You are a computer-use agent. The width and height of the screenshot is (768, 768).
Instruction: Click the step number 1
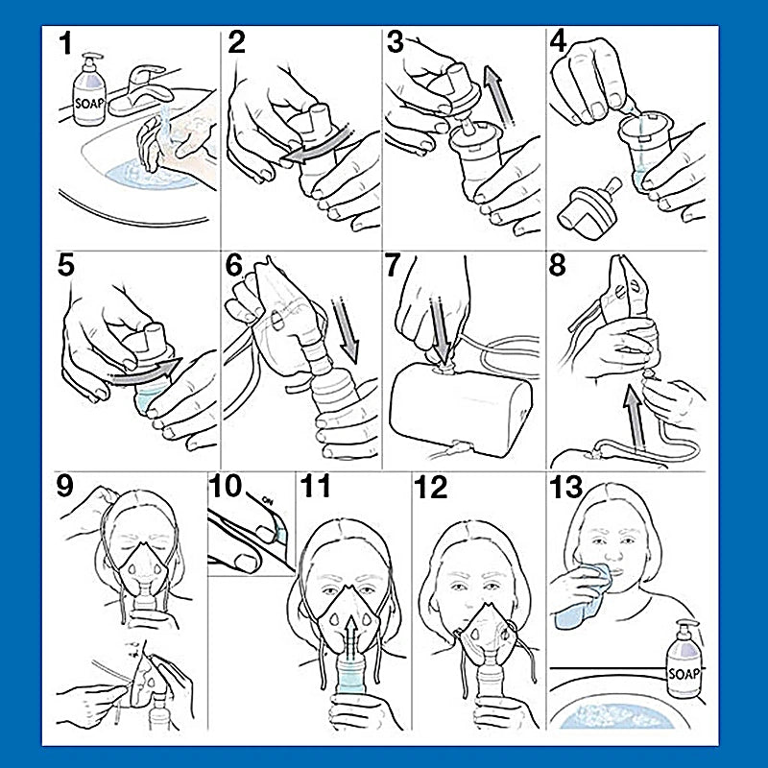(65, 43)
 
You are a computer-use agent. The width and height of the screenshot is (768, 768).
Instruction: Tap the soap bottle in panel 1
(89, 89)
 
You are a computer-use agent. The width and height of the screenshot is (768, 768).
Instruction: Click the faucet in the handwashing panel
(138, 92)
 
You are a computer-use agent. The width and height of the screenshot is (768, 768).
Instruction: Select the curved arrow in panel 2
(319, 145)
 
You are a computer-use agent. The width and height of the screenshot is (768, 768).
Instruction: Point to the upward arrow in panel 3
(498, 97)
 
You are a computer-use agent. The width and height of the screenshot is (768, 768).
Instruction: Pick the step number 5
(65, 265)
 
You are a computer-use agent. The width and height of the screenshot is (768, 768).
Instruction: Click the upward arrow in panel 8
(635, 416)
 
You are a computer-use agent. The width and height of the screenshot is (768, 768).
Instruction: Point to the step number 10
(225, 486)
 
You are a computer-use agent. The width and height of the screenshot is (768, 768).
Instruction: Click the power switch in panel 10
(279, 531)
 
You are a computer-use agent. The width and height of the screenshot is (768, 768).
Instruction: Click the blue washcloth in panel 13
(584, 596)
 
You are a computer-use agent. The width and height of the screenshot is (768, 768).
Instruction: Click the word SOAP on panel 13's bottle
(684, 674)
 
